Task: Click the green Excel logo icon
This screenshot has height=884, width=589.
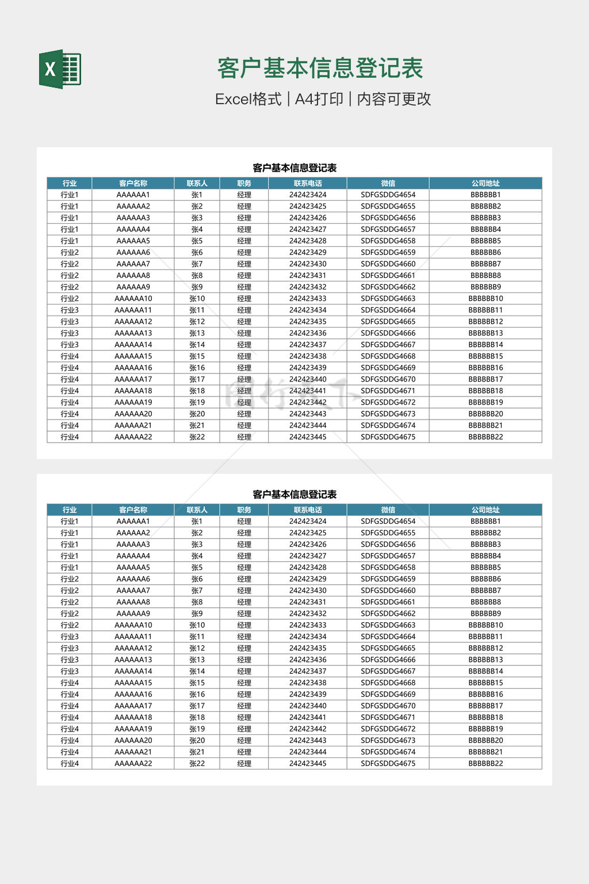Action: click(x=60, y=69)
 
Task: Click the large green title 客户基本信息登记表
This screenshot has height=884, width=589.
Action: click(x=320, y=68)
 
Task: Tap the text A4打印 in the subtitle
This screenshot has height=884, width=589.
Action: click(x=319, y=99)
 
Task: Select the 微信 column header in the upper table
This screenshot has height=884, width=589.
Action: click(x=388, y=184)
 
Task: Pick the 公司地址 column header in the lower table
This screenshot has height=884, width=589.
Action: click(x=485, y=510)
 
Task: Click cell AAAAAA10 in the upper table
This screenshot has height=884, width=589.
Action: click(x=133, y=299)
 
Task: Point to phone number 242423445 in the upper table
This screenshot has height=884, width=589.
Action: click(x=308, y=437)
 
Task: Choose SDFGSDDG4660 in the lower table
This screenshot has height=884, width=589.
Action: click(x=388, y=590)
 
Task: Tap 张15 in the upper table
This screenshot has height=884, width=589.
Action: click(x=197, y=356)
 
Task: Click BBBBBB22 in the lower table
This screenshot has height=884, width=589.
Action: click(x=485, y=764)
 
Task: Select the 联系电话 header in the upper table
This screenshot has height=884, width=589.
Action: click(x=308, y=184)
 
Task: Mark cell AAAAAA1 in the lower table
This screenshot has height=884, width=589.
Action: click(x=133, y=521)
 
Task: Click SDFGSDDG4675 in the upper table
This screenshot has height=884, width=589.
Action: click(x=388, y=437)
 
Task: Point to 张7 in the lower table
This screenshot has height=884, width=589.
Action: click(x=197, y=590)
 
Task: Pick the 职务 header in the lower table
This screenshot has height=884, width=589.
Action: click(x=244, y=510)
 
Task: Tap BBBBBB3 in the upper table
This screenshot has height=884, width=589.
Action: click(x=485, y=218)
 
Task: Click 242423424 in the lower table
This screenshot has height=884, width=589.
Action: click(x=308, y=521)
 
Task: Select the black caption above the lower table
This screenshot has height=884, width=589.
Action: click(x=294, y=494)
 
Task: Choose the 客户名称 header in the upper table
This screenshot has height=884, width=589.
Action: click(x=133, y=184)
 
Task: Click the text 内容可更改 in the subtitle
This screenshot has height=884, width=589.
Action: click(x=394, y=99)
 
